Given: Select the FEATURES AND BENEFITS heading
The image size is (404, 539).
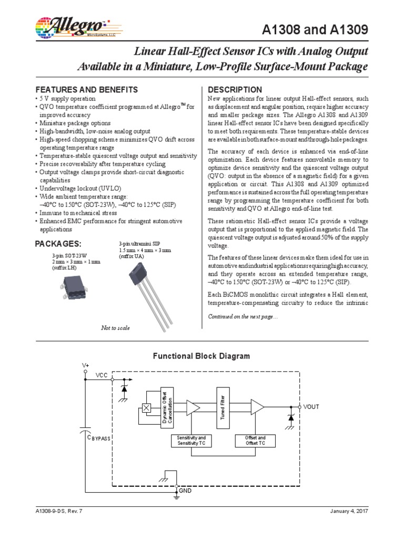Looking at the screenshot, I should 86,89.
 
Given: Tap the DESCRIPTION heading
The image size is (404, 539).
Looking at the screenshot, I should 235,89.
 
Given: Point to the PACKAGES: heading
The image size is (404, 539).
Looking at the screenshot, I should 58,244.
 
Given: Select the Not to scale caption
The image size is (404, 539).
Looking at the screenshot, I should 115,328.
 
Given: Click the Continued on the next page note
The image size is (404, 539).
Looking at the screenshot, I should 243,316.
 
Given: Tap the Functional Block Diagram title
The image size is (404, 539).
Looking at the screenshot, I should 201,356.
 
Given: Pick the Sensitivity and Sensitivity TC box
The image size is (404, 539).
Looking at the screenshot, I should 191,441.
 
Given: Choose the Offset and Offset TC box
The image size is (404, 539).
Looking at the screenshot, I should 256,441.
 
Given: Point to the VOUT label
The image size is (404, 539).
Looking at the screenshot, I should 311,407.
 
